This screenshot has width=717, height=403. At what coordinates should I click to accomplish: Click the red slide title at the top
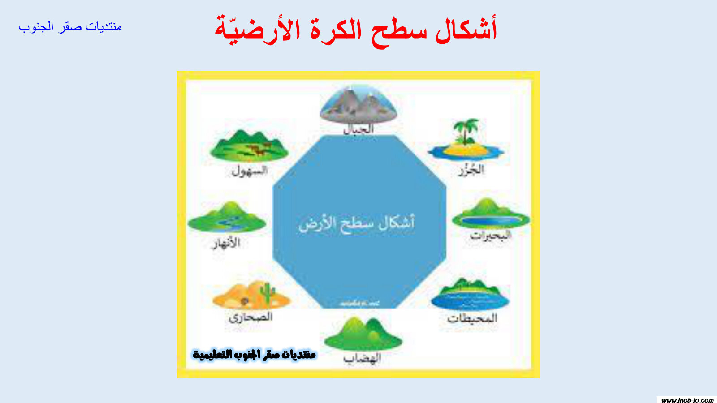(356, 30)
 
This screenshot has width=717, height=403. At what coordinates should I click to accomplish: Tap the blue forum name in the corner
(70, 27)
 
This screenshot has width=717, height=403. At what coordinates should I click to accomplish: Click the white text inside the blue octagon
(357, 223)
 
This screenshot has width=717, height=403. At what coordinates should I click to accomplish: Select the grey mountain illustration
(358, 106)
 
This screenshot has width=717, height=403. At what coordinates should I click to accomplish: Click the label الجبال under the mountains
(358, 129)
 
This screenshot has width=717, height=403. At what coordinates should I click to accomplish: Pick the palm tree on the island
(466, 130)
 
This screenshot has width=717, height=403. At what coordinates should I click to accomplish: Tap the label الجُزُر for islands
(471, 170)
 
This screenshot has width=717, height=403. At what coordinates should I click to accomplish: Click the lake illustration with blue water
(491, 215)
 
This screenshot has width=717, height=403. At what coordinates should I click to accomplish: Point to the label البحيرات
(490, 236)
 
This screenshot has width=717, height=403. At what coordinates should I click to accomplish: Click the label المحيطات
(472, 318)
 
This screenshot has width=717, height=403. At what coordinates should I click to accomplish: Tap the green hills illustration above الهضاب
(363, 334)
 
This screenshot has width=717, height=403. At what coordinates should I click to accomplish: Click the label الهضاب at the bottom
(362, 358)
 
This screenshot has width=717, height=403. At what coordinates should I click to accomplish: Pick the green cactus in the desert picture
(268, 293)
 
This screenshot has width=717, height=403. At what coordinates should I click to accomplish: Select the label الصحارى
(251, 317)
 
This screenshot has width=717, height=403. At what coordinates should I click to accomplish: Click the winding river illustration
(226, 218)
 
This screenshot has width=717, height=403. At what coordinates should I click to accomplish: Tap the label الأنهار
(227, 244)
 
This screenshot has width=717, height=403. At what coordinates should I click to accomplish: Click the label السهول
(250, 171)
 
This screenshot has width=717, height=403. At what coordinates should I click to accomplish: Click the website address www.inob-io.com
(687, 400)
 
